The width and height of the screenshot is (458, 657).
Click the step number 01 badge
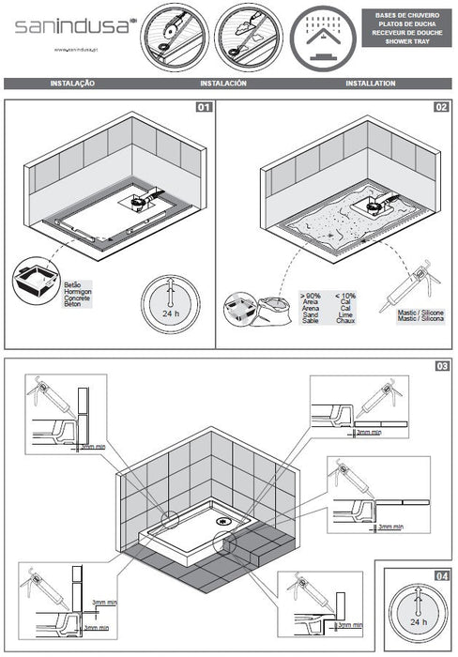203,107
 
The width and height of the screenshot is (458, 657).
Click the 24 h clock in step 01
170,304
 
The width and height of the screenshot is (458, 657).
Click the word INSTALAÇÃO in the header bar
71,84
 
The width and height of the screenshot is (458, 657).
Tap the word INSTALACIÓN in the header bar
223,84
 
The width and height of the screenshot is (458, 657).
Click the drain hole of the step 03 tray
222,512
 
